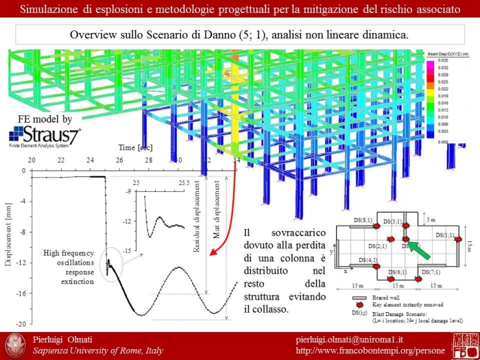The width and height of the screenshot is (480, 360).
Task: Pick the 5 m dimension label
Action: [x=431, y=220]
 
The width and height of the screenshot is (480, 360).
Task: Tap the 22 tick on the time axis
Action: [x=60, y=160]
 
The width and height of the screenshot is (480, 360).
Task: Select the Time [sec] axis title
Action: [x=135, y=147]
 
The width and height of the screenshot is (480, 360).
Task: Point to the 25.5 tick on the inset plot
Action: [x=184, y=183]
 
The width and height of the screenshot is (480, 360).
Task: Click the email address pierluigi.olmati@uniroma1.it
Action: [x=355, y=341]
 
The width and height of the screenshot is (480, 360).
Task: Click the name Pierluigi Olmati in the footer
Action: [x=62, y=341]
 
